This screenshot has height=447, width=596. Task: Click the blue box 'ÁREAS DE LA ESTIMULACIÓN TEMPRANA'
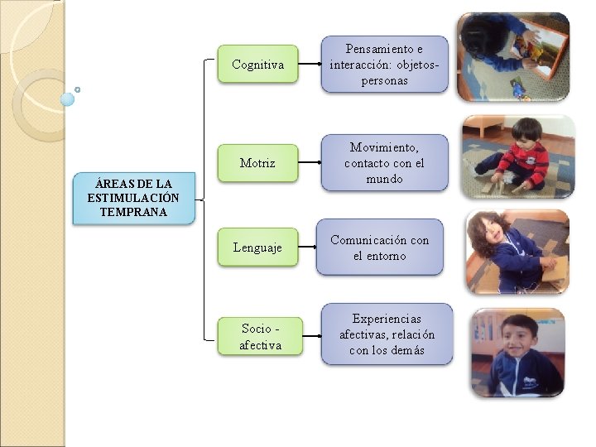tap(134, 198)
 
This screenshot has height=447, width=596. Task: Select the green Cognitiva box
tap(257, 64)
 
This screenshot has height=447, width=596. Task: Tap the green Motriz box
tap(257, 163)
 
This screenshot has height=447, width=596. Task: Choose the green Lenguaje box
tap(257, 247)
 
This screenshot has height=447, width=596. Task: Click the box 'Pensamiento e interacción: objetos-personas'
tap(384, 64)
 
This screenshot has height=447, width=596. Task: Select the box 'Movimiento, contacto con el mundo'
tap(384, 163)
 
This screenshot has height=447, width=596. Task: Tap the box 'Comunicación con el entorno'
tap(380, 248)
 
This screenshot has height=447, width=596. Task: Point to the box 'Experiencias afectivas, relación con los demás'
tap(387, 334)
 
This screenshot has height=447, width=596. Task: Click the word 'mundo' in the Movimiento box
tap(384, 179)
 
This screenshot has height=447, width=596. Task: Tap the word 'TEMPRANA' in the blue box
tap(133, 212)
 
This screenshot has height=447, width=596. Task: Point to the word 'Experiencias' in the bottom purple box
tap(387, 318)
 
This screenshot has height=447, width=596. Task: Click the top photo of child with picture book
tap(512, 56)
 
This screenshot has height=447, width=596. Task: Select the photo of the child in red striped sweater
tap(517, 156)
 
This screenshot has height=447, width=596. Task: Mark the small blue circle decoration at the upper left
tap(68, 99)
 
